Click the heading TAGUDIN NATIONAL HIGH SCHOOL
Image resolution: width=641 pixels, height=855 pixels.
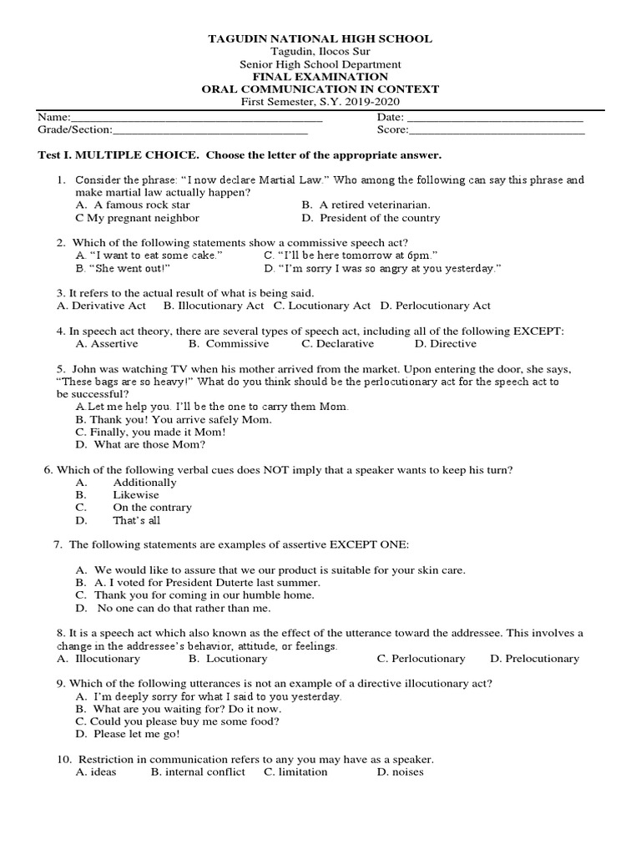tap(320, 38)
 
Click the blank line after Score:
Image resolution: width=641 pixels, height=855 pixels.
tap(497, 132)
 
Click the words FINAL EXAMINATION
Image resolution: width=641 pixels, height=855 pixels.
tap(320, 77)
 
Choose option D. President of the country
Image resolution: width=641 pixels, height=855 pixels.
tap(371, 218)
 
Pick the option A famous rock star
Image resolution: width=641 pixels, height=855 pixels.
tap(133, 205)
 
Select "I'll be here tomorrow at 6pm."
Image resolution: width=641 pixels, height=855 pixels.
tap(351, 255)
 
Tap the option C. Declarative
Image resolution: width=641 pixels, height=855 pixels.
tap(338, 343)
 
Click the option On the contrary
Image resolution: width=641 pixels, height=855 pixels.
tap(152, 508)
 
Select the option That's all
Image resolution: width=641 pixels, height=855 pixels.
tap(136, 520)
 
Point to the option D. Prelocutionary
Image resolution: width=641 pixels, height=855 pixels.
tap(534, 659)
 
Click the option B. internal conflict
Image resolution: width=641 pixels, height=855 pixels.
tap(198, 772)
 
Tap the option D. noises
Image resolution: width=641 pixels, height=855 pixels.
tap(400, 772)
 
